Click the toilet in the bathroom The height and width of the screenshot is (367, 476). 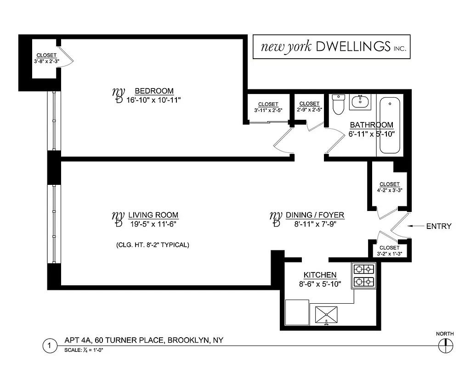point(338,105)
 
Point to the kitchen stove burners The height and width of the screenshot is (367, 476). point(363,275)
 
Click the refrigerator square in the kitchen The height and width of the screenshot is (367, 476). point(297,312)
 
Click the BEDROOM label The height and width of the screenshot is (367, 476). point(154,91)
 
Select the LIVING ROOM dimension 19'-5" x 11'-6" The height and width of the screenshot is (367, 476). point(153,224)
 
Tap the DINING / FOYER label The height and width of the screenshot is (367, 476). point(315,215)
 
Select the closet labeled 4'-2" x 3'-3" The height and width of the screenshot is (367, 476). point(389,187)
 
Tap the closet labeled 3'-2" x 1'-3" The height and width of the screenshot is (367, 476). point(389,250)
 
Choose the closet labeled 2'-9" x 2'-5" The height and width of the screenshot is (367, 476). point(309,107)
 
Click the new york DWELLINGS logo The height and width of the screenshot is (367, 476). point(331,46)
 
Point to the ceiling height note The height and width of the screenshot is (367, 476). point(153,245)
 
